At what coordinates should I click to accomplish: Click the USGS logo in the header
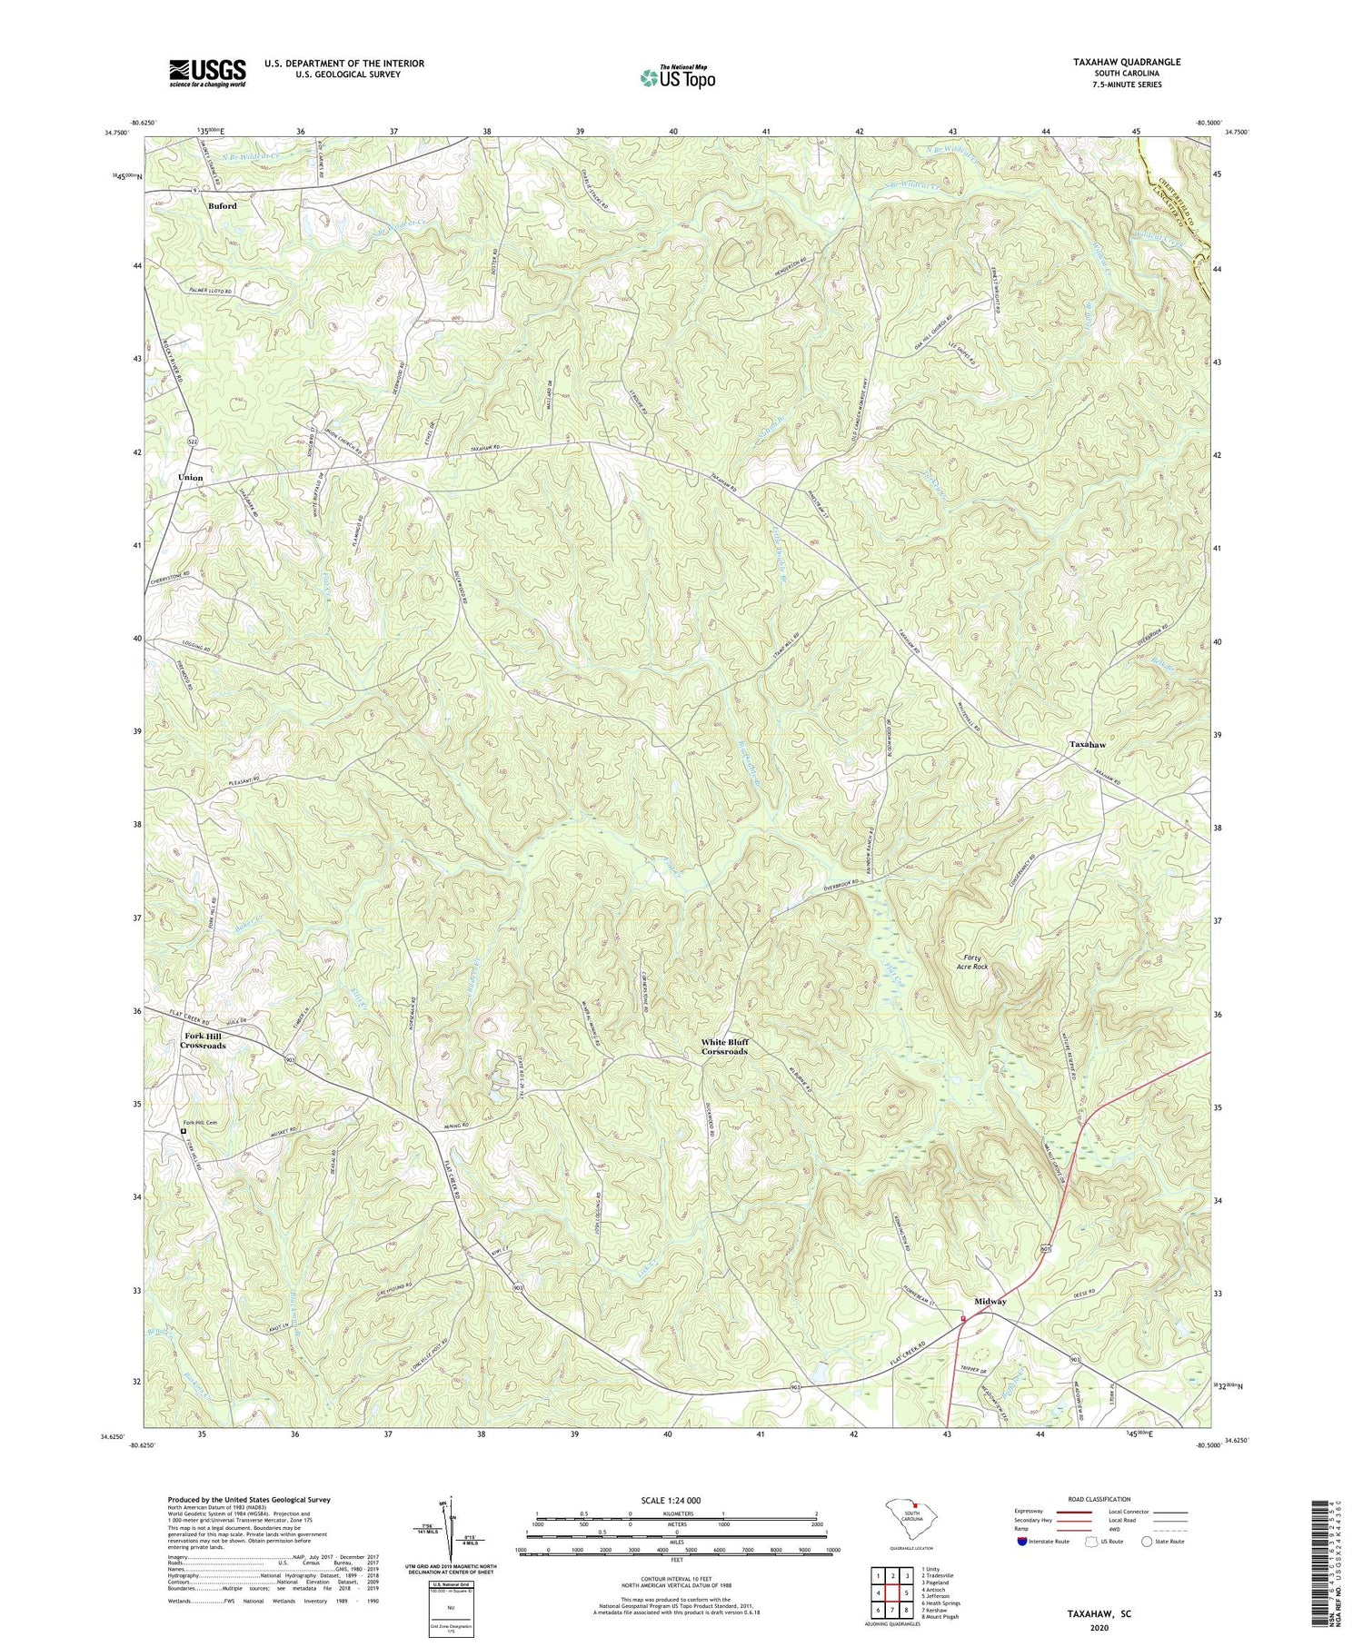coord(206,72)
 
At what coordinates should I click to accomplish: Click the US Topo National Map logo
coord(677,77)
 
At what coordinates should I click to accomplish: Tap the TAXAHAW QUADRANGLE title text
coord(1114,62)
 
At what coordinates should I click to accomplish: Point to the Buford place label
coord(223,206)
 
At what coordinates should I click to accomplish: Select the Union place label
coord(191,477)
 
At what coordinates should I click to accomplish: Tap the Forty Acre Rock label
coord(973,962)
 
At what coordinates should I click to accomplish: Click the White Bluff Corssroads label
coord(724,1047)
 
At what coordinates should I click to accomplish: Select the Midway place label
coord(990,1302)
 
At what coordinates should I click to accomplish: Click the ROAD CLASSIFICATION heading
coord(1099,1500)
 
